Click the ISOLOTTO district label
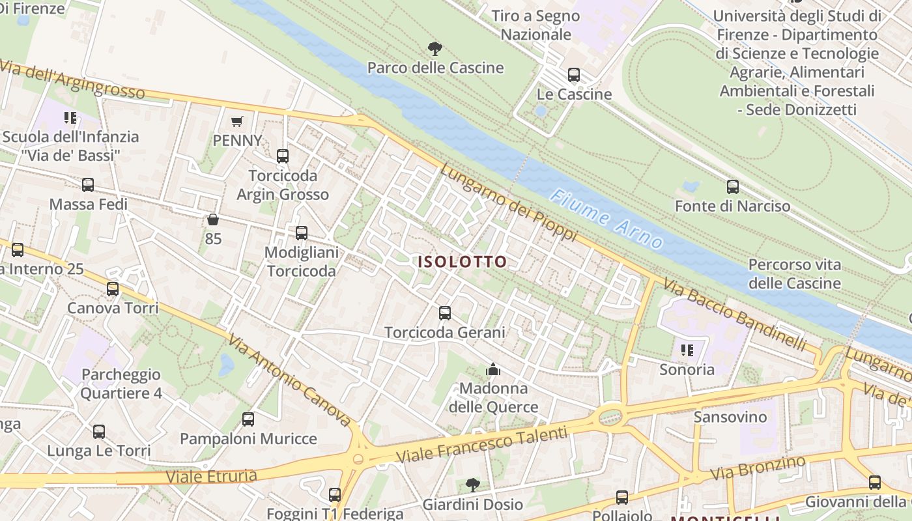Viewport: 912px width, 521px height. tap(462, 262)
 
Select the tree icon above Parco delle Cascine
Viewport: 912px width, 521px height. tap(435, 48)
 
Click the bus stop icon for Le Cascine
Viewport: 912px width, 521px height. tap(573, 75)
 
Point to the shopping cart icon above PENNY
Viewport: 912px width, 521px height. tap(237, 121)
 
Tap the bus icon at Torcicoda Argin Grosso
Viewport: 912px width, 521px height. tap(282, 156)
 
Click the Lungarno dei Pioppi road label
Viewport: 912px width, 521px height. tap(508, 202)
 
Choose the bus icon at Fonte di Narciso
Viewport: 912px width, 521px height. tap(733, 187)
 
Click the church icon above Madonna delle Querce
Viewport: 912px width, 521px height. tap(493, 370)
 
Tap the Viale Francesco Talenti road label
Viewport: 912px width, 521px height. tap(482, 444)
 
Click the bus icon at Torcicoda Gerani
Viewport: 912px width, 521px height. tap(445, 313)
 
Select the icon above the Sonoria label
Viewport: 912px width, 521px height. tap(687, 350)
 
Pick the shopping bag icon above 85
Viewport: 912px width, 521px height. tap(212, 219)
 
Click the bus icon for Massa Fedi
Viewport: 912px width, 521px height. tap(88, 185)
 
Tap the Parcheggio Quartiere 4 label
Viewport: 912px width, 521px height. tap(121, 384)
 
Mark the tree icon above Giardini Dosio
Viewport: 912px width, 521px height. tap(473, 485)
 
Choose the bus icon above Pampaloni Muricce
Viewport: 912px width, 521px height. tap(248, 419)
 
